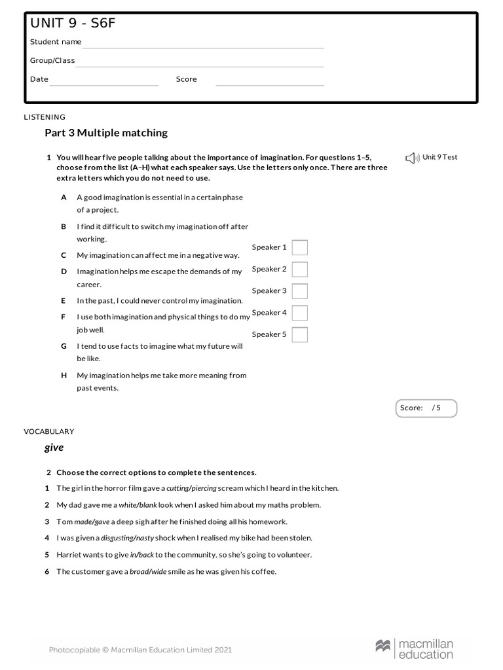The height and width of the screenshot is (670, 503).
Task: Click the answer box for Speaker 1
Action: [x=299, y=247]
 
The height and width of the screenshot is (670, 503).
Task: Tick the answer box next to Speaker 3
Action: [x=299, y=291]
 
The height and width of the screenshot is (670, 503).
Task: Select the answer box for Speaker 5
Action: [x=299, y=335]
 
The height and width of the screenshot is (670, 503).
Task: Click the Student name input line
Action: [x=203, y=43]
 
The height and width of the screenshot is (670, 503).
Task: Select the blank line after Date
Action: [x=104, y=80]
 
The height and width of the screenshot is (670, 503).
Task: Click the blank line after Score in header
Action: [x=270, y=80]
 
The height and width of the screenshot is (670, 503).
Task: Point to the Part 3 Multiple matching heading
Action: [x=106, y=133]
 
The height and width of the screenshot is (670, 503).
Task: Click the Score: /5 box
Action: [x=426, y=408]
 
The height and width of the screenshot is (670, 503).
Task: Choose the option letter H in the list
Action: [x=64, y=376]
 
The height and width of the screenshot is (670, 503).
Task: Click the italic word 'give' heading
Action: [x=54, y=448]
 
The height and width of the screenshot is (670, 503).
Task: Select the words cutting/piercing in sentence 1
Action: [x=191, y=488]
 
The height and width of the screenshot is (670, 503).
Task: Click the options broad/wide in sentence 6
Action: [x=148, y=572]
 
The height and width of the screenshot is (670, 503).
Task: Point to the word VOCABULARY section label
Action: [x=49, y=432]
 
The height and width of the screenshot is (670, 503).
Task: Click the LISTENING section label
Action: [x=45, y=118]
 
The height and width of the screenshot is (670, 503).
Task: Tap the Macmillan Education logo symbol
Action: [x=383, y=646]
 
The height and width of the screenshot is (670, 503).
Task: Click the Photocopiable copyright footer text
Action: [x=140, y=650]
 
